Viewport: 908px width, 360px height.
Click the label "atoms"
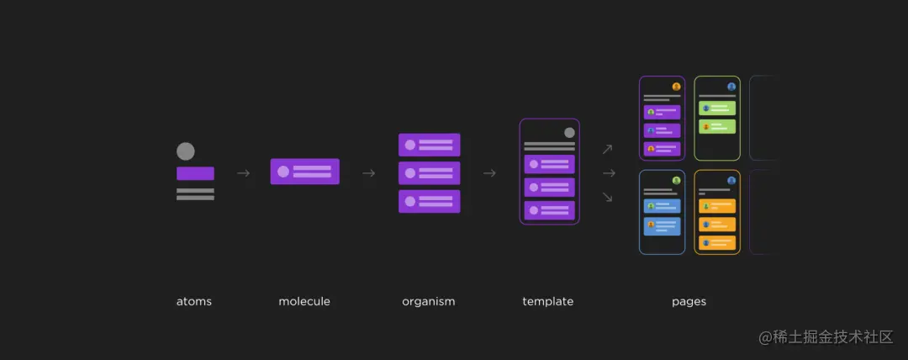[x=193, y=301]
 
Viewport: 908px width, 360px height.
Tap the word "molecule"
[x=304, y=301]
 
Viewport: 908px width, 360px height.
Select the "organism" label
[x=428, y=301]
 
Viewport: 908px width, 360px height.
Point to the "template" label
[x=547, y=301]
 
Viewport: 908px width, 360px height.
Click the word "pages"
[x=689, y=301]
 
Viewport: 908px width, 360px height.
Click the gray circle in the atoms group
[x=186, y=151]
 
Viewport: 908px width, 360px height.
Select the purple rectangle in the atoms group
[x=195, y=173]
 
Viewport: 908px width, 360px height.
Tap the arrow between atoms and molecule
[x=243, y=173]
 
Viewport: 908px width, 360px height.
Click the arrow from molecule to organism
[x=368, y=173]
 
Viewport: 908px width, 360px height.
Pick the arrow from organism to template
[x=489, y=173]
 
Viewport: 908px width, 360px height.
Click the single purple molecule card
[x=304, y=172]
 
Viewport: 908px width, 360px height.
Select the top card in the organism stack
[x=429, y=145]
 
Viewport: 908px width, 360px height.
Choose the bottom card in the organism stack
[x=429, y=202]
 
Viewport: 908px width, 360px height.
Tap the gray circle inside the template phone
[x=569, y=132]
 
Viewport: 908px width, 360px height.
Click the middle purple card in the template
[x=549, y=187]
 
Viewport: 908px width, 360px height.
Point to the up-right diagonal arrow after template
[x=608, y=150]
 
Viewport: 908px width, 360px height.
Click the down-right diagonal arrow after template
[x=608, y=197]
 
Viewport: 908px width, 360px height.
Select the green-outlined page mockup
[x=717, y=118]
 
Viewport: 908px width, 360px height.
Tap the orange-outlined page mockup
[x=717, y=212]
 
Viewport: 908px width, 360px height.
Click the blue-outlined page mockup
[x=662, y=212]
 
